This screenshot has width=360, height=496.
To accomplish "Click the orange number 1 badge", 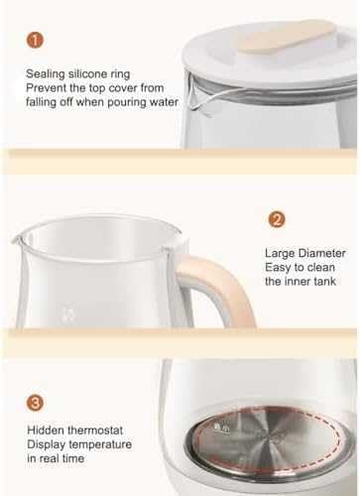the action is [35, 40].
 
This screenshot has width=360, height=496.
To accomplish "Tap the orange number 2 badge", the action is [277, 219].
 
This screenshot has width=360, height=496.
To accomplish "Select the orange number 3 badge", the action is [35, 403].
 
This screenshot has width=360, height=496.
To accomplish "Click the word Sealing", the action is [46, 74].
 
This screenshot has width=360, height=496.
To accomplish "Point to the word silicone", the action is [87, 73].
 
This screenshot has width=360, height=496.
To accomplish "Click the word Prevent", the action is [44, 88].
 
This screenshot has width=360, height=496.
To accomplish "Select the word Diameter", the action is [321, 253].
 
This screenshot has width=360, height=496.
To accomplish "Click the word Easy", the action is [277, 268].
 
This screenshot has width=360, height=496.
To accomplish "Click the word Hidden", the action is [46, 431].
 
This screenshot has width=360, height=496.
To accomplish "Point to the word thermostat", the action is [95, 431].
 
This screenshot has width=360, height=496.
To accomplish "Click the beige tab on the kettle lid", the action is [287, 37].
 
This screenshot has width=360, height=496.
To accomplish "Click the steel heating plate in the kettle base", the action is [266, 438].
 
